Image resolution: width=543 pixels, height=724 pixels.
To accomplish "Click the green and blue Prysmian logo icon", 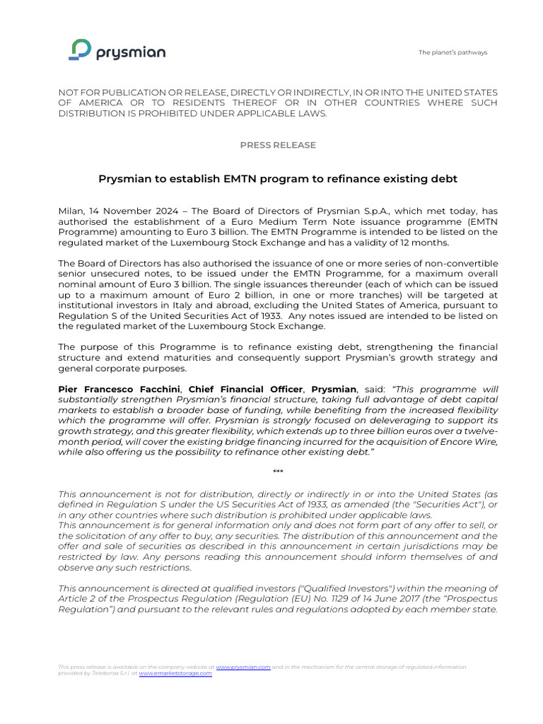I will click(81, 50).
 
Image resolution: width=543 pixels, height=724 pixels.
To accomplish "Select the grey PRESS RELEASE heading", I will click(278, 145).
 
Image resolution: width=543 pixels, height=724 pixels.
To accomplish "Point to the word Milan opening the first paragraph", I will click(70, 211).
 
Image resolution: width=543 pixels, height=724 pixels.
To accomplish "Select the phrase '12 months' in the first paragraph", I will click(426, 243).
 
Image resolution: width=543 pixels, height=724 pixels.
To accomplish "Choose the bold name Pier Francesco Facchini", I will click(120, 389).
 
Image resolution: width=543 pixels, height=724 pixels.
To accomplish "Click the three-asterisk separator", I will click(278, 472).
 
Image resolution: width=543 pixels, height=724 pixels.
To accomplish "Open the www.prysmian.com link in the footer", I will click(243, 667).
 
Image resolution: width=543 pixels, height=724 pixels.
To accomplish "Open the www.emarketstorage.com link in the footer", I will click(175, 673).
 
